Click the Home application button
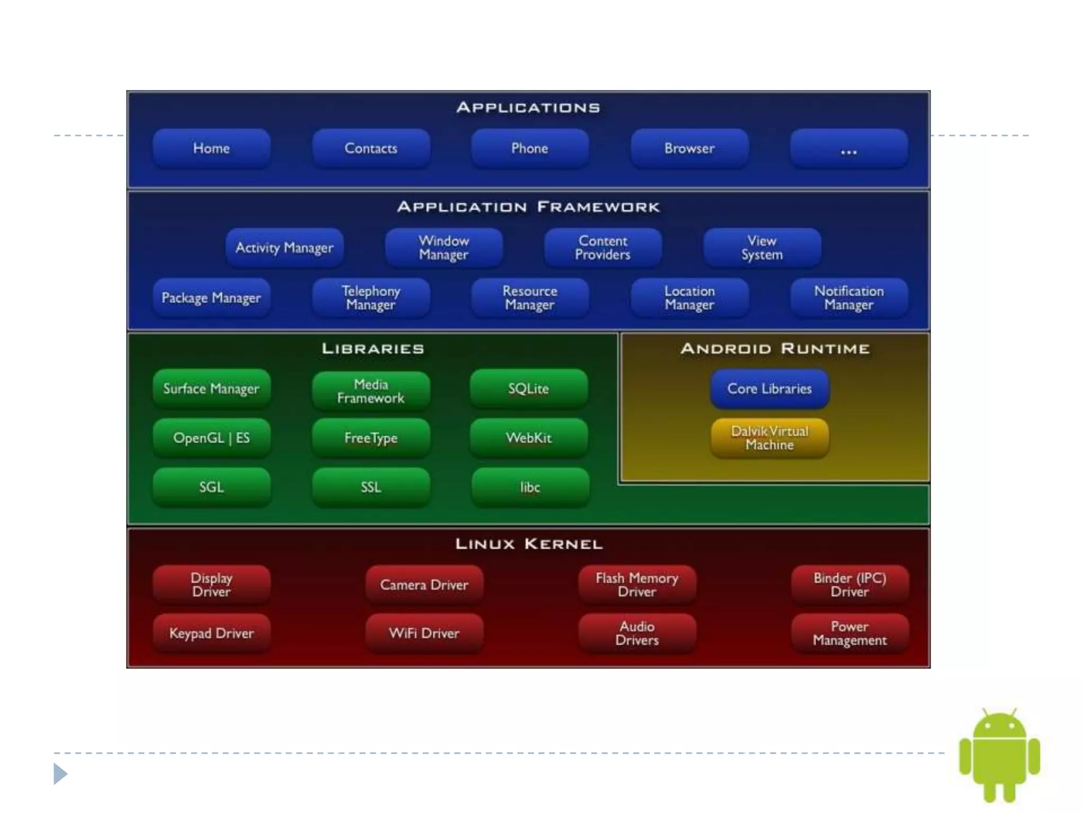(x=212, y=148)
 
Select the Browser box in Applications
(x=689, y=148)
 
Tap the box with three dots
(x=849, y=149)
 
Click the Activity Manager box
(x=284, y=248)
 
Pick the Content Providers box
(x=603, y=248)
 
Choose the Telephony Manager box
(x=371, y=297)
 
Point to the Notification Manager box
(x=849, y=297)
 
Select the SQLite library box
(x=529, y=389)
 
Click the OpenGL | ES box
(x=212, y=438)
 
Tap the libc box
(x=530, y=487)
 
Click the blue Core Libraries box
(x=769, y=389)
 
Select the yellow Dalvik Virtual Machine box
(x=769, y=438)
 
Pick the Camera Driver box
(x=424, y=584)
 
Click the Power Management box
(x=850, y=633)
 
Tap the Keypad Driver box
(x=212, y=633)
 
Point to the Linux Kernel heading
(x=529, y=544)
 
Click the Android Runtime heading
(x=775, y=349)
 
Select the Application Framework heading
(x=529, y=207)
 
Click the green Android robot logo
(x=999, y=754)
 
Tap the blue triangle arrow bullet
(x=60, y=774)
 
